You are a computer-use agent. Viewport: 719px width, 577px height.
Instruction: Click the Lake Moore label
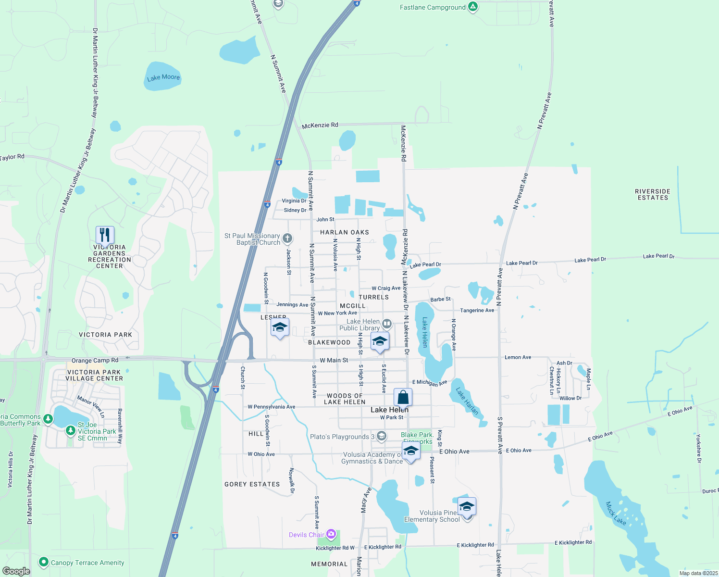point(163,77)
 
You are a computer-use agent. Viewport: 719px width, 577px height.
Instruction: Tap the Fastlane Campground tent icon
point(473,7)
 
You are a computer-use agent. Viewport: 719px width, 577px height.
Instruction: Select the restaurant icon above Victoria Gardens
point(105,235)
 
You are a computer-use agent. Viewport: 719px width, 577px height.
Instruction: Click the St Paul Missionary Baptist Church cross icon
point(287,238)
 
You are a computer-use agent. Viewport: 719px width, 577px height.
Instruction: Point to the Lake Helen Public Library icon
point(387,324)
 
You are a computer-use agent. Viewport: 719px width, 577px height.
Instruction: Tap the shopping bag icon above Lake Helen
point(403,398)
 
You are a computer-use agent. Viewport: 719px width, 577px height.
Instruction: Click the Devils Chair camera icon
point(331,534)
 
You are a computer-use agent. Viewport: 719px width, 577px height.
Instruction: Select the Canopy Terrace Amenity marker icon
point(43,562)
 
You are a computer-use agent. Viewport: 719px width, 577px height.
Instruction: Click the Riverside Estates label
point(653,194)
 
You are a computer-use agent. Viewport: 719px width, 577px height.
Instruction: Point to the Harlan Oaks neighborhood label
point(345,232)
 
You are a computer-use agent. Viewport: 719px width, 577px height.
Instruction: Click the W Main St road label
point(334,360)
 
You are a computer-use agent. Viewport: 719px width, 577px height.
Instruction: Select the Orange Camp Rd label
point(95,361)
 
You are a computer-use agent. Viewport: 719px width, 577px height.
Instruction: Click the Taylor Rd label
point(12,157)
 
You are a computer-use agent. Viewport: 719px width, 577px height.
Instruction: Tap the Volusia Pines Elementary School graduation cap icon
point(467,506)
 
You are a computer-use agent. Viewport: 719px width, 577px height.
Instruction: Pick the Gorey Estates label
point(252,484)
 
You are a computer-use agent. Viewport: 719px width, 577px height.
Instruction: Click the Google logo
point(16,571)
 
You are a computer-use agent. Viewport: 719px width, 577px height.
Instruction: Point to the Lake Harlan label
point(467,401)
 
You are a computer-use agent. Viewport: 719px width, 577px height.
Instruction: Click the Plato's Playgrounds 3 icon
point(382,436)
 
